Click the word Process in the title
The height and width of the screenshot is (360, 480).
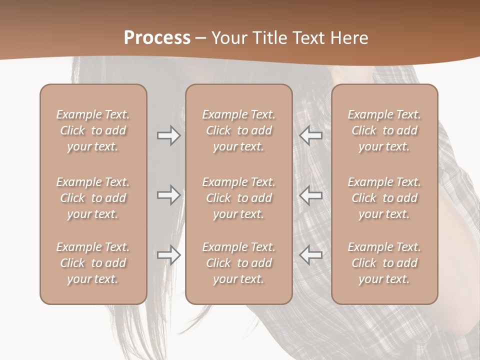(x=157, y=38)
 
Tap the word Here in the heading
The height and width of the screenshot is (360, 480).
(x=349, y=38)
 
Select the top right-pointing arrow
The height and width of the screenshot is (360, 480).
(x=169, y=135)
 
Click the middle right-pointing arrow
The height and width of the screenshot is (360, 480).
(x=169, y=195)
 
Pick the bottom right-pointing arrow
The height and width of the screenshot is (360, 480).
(x=169, y=255)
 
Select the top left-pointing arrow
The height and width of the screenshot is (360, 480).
(x=310, y=135)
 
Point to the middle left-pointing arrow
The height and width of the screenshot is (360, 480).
(x=310, y=195)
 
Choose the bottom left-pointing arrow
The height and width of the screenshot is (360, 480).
(x=310, y=255)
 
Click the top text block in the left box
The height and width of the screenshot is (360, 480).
(x=93, y=130)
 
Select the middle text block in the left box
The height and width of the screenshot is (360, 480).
(x=93, y=198)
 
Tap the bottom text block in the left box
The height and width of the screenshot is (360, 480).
(x=93, y=263)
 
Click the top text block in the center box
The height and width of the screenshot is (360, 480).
(x=238, y=130)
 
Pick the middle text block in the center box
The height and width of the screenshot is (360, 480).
(x=238, y=198)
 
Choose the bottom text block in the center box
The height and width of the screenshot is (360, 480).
(x=238, y=263)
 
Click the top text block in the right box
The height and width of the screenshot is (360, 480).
(x=384, y=130)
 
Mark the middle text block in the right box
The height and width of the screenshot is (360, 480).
(x=384, y=198)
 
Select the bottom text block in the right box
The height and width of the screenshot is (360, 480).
(x=384, y=263)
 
